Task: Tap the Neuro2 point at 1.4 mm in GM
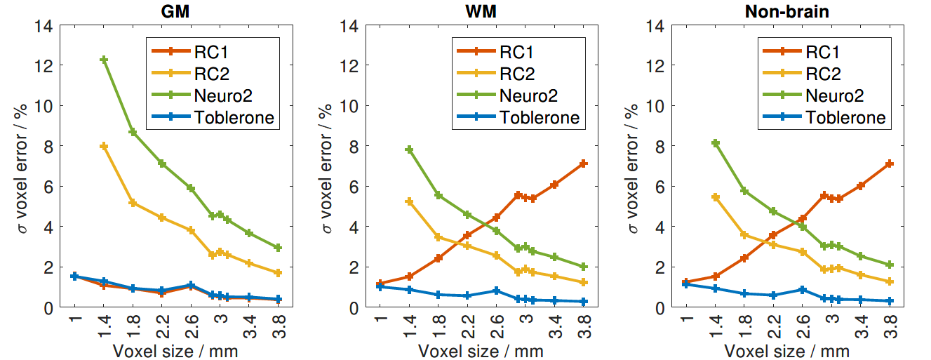(103, 60)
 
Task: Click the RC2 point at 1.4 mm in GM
(103, 146)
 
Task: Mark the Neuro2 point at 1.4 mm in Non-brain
(716, 142)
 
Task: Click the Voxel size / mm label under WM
(482, 349)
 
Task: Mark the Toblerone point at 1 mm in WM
(380, 286)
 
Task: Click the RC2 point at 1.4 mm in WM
(409, 201)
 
